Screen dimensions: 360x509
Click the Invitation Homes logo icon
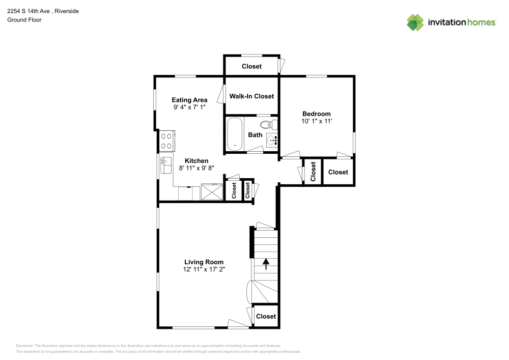coord(415,22)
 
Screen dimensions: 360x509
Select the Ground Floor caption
coord(24,20)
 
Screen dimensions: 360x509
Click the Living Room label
coord(204,262)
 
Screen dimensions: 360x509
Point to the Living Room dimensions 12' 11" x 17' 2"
coord(204,269)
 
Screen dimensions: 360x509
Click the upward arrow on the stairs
coord(266,263)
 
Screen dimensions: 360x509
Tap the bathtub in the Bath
coord(235,134)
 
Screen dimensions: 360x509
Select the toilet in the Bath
coord(268,124)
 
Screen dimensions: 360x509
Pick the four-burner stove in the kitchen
coord(166,141)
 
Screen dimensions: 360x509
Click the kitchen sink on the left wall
coord(166,165)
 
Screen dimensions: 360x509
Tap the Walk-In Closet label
coord(251,96)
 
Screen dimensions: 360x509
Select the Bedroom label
coord(316,114)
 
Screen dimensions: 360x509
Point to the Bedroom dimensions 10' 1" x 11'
coord(316,121)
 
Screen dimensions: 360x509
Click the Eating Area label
coord(189,100)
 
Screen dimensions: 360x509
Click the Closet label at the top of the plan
coord(251,66)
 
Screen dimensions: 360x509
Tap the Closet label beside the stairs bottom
coord(266,316)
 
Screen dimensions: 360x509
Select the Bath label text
coord(255,135)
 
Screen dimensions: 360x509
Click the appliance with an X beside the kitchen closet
coord(212,191)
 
